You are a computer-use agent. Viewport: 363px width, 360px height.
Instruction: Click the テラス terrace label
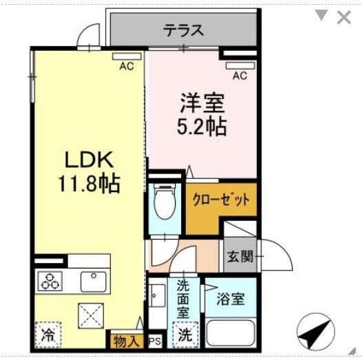[x=183, y=30]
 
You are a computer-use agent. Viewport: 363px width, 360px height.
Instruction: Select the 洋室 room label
[x=203, y=105]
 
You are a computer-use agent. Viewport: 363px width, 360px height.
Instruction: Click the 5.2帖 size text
[x=203, y=127]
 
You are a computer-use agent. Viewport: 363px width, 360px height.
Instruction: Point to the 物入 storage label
[x=127, y=340]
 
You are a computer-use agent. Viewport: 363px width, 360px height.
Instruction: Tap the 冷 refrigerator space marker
[x=49, y=337]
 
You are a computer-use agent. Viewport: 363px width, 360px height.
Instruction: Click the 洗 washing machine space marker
[x=185, y=336]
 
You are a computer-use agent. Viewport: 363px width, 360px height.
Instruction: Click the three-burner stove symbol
[x=50, y=281]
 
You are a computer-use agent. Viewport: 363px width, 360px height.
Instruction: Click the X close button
[x=343, y=17]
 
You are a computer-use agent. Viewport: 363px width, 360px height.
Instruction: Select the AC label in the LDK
[x=126, y=66]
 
